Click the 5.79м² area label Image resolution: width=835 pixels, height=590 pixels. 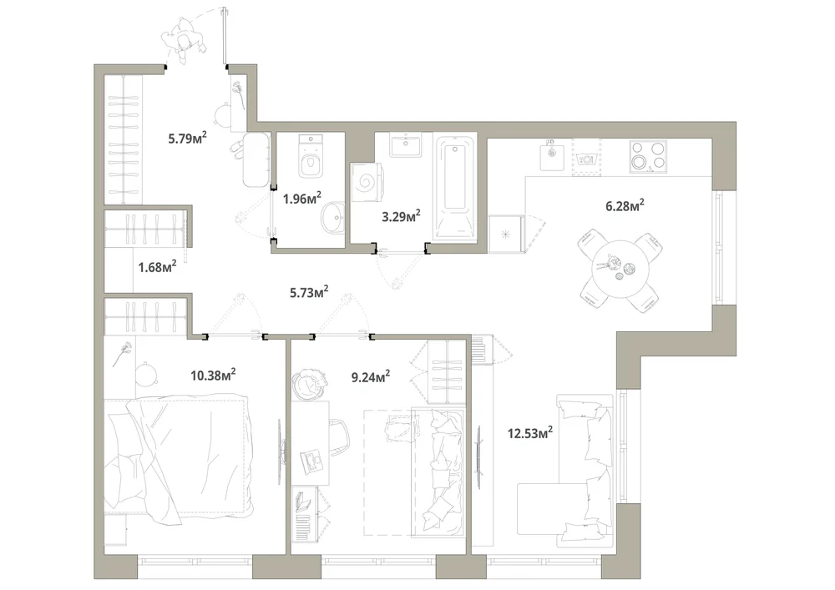[187, 139]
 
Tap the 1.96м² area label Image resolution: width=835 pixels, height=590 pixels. [302, 199]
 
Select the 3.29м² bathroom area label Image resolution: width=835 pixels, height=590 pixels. [401, 216]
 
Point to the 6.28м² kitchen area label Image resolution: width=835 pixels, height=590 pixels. [625, 205]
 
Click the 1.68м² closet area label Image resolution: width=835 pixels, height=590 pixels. [157, 266]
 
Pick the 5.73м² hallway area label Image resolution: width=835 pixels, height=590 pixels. [309, 291]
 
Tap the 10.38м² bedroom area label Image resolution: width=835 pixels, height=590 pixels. [213, 375]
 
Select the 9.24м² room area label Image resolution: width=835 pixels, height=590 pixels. [371, 377]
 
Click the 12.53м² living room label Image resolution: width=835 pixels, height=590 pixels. [530, 432]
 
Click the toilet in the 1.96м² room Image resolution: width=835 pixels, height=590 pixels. [311, 156]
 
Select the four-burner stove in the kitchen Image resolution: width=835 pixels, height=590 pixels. [648, 156]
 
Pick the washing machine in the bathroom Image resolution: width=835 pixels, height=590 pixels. [366, 182]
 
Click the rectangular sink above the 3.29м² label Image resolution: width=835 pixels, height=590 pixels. [406, 144]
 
